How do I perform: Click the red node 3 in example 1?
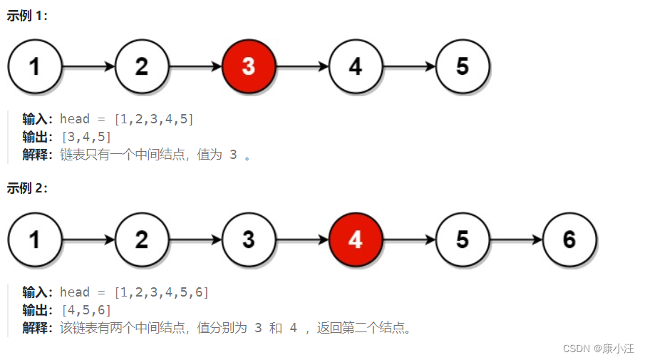tap(248, 66)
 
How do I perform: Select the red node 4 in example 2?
tap(356, 240)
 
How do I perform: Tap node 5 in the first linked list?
tap(463, 66)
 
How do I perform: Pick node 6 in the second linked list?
tap(569, 240)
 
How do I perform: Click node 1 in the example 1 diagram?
tap(34, 66)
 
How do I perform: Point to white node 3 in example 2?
tap(248, 240)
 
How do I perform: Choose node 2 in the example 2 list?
tap(141, 240)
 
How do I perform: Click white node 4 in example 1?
tap(356, 66)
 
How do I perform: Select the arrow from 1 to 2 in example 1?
tap(88, 66)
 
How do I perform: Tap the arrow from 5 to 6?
tap(516, 240)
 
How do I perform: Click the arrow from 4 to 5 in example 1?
tap(409, 66)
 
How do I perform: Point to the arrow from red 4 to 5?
tap(409, 240)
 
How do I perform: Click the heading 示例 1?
tap(27, 16)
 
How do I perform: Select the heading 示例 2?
tap(27, 188)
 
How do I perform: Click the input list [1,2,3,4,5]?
tap(153, 119)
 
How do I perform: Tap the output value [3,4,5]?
tap(86, 137)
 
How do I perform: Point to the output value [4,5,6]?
tap(86, 310)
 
